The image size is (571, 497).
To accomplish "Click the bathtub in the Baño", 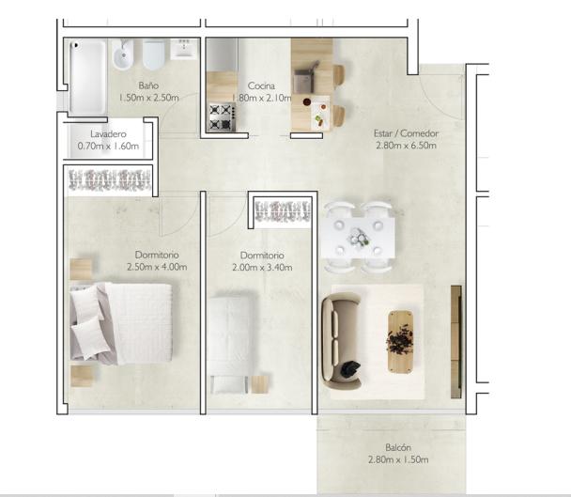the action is click(88, 77).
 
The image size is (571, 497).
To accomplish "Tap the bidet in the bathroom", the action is click(123, 54).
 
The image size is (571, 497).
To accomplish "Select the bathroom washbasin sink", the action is click(184, 49).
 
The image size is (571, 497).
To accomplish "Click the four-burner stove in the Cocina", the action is click(222, 116).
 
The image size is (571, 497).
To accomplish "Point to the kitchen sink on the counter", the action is click(304, 81).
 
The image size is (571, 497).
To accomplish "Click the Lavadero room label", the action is click(108, 134).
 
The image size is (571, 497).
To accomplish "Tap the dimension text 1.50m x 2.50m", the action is click(149, 98).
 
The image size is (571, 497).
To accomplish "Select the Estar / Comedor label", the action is click(406, 133).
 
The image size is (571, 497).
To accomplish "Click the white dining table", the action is click(358, 237).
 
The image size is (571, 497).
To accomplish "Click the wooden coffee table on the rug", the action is click(401, 341).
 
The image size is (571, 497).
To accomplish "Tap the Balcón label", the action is click(398, 447).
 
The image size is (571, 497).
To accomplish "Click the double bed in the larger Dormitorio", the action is click(121, 323).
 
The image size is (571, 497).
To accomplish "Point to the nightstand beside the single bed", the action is click(260, 384).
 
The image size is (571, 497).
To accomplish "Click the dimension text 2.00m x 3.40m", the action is click(262, 268).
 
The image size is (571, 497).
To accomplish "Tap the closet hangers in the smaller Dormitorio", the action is click(283, 211).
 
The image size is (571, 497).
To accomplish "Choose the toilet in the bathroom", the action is click(154, 54).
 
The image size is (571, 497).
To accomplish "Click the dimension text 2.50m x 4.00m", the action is click(157, 267).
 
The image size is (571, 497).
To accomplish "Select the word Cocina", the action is click(261, 86).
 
